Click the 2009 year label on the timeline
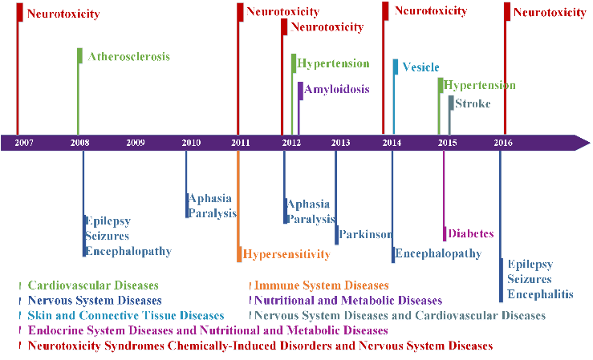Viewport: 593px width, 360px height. click(x=136, y=143)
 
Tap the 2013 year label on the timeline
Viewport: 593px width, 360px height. click(x=340, y=143)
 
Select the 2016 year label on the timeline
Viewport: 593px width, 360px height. click(x=503, y=143)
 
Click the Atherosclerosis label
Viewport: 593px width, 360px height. click(x=129, y=57)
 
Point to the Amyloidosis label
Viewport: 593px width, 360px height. click(x=337, y=89)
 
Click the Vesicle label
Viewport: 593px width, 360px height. click(x=420, y=67)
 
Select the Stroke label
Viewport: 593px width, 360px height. click(x=473, y=103)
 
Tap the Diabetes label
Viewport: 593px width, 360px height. click(x=471, y=233)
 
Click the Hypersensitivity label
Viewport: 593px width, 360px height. click(x=286, y=254)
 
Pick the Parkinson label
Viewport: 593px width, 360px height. click(x=365, y=234)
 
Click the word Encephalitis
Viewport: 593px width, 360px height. click(x=540, y=294)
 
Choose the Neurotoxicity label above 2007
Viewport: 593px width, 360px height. click(x=63, y=14)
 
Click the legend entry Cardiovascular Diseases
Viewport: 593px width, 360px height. click(x=93, y=285)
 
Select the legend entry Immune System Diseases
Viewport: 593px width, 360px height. click(x=322, y=285)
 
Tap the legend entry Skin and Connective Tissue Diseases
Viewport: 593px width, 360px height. click(x=126, y=315)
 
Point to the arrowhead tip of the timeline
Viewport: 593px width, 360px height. click(x=590, y=143)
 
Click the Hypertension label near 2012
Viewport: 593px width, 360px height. click(x=333, y=63)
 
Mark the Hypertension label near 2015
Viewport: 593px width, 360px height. click(x=480, y=85)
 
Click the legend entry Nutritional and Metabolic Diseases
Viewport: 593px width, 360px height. click(x=348, y=301)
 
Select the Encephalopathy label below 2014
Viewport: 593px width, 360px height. click(x=438, y=253)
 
